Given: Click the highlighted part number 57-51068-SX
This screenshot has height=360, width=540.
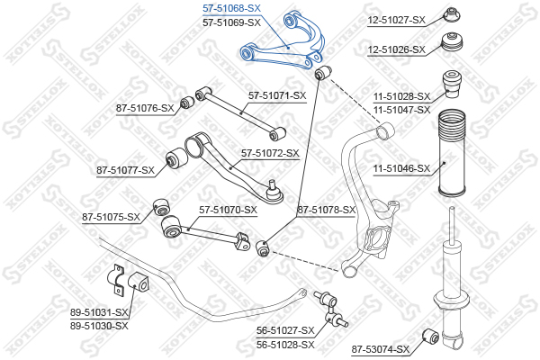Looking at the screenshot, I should (x=231, y=7).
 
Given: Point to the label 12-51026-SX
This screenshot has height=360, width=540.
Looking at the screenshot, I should (x=396, y=49).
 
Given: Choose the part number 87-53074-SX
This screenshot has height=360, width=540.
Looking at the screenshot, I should (x=380, y=349).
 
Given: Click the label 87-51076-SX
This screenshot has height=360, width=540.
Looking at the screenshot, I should (x=145, y=108).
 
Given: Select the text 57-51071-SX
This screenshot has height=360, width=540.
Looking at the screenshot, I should (x=277, y=94).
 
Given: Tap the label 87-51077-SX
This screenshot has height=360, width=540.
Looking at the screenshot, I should (x=125, y=168).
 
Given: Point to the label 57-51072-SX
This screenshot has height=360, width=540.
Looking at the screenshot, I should (x=269, y=153).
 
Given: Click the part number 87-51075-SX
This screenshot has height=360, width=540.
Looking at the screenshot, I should (x=112, y=217).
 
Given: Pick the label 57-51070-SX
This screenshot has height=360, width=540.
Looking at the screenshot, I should (x=228, y=210).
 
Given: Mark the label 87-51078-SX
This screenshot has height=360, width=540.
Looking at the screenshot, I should (x=327, y=210).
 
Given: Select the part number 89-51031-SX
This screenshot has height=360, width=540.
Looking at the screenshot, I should (x=100, y=312).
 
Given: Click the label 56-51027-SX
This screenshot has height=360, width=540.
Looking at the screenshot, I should (x=285, y=330).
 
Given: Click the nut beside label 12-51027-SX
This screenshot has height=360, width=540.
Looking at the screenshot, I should (x=453, y=14).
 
